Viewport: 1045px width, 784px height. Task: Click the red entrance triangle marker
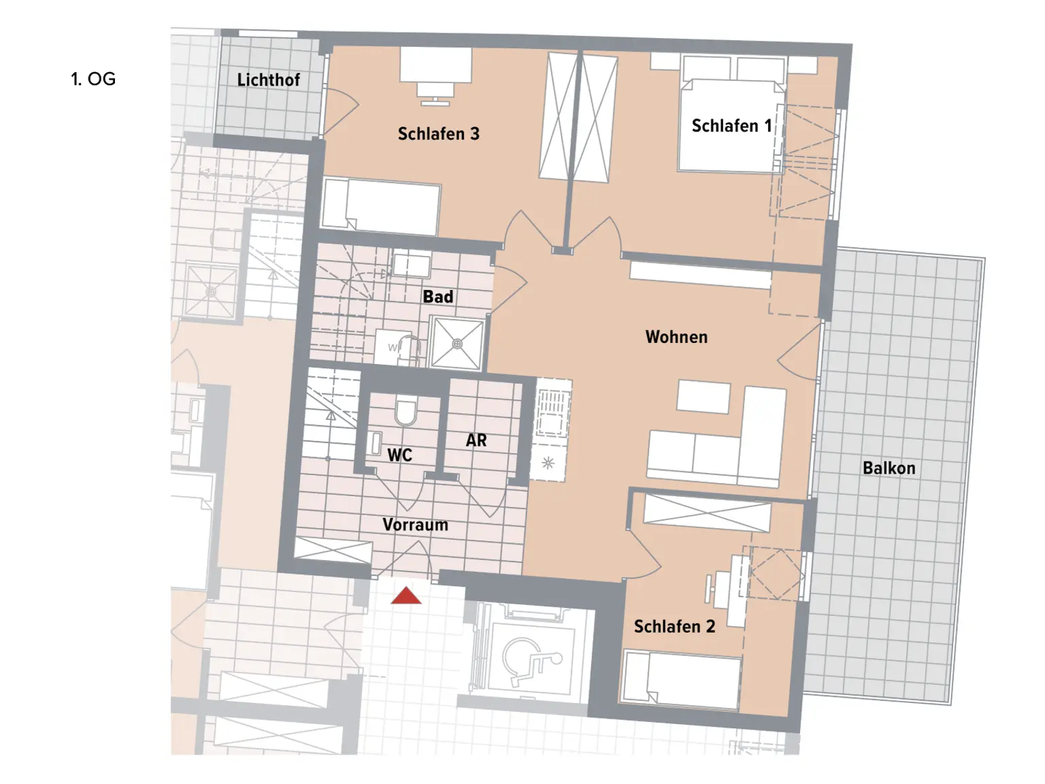(406, 596)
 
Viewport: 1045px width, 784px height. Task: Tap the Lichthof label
(268, 80)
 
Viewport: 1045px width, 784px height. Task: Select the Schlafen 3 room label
(438, 134)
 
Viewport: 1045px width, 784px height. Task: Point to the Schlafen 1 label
(731, 126)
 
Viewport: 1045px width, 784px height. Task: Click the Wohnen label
(676, 337)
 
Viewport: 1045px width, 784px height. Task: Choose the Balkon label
(889, 468)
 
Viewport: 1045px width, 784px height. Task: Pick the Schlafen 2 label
(674, 627)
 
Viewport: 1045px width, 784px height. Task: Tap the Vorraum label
(415, 525)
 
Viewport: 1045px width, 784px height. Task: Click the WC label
(399, 455)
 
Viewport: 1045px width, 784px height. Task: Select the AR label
(476, 441)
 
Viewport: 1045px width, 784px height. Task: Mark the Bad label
(437, 297)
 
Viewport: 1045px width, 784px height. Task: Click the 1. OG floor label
(93, 79)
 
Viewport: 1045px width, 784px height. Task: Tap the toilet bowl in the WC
(405, 412)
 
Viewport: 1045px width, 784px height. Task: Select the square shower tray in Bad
(457, 344)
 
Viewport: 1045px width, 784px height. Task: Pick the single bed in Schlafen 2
(682, 679)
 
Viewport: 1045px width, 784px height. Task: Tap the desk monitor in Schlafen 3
(435, 90)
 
